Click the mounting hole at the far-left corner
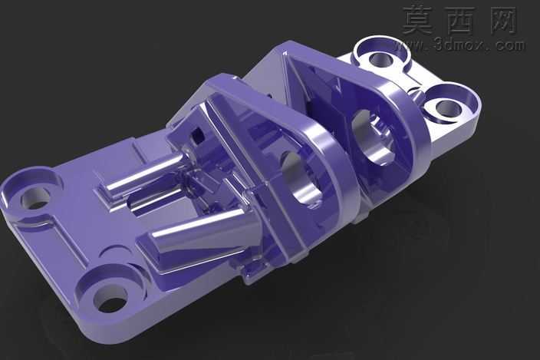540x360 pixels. (x=36, y=198)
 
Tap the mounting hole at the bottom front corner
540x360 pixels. (x=110, y=300)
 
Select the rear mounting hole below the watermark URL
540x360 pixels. (x=381, y=60)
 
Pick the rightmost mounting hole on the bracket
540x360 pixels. (x=448, y=108)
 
